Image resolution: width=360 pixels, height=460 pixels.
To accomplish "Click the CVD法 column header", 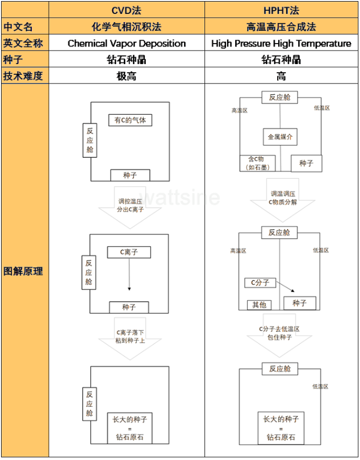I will [126, 10].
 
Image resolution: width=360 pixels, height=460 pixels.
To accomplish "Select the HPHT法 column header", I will [281, 10].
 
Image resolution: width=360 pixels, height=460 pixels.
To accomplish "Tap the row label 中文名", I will [25, 26].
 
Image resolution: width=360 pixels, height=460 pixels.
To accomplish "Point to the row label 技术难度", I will [25, 76].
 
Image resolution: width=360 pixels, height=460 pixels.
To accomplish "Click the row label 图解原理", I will [25, 271].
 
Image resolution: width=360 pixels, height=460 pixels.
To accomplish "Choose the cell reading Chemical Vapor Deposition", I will [126, 44].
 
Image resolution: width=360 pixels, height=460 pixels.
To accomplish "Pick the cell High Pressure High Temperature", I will [281, 44].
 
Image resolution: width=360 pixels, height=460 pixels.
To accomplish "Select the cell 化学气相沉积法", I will [126, 26].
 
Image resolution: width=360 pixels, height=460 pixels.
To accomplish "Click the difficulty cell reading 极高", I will [126, 76].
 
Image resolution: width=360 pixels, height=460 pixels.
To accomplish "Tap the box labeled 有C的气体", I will [130, 120].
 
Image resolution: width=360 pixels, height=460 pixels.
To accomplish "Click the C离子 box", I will [129, 252].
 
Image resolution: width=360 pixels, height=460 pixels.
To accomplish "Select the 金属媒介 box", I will [280, 137].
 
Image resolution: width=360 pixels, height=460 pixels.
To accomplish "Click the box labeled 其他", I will [259, 305].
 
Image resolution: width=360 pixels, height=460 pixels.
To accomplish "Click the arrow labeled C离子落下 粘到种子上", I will [130, 338].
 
